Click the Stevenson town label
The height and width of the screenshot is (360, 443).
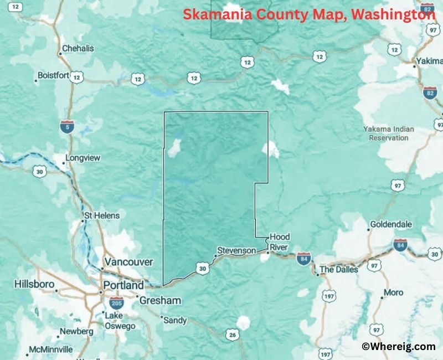tap(236, 250)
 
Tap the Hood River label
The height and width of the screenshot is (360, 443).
tap(279, 242)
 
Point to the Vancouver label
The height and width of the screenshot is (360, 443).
tap(128, 261)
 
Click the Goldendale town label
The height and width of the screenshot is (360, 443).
tap(391, 224)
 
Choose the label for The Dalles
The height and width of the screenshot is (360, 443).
tap(339, 270)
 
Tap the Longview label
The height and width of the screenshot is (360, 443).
tap(83, 158)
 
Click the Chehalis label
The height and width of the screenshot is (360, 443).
tap(78, 48)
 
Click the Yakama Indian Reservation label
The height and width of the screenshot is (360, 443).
tap(388, 133)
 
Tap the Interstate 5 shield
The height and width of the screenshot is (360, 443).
tap(67, 127)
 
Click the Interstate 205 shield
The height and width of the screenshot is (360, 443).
tap(116, 303)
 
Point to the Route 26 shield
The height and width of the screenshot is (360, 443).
tap(232, 335)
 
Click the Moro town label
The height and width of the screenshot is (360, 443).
tap(394, 292)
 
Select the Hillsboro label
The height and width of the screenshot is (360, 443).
tap(34, 284)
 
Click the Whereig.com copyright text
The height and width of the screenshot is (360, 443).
tap(399, 347)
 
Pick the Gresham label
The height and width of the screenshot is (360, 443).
tap(160, 300)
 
